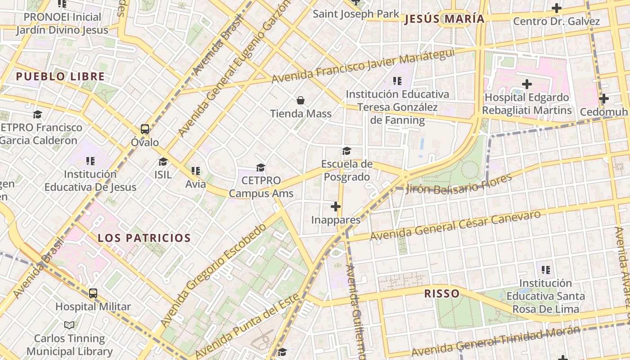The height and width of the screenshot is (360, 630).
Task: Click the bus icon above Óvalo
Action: click(x=145, y=129)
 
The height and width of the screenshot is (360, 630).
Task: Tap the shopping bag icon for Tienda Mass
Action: click(x=301, y=100)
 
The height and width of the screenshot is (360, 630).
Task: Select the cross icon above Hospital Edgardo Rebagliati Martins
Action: click(x=527, y=84)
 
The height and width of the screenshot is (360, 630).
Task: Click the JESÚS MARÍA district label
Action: click(x=444, y=19)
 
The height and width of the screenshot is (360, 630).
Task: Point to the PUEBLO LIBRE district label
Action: click(x=60, y=76)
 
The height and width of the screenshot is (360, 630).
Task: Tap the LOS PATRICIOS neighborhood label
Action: click(x=144, y=238)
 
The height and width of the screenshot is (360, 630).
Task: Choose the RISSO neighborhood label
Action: click(x=442, y=294)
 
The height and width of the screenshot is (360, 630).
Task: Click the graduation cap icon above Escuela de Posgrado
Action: click(x=346, y=151)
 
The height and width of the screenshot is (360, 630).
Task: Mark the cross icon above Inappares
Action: click(x=336, y=207)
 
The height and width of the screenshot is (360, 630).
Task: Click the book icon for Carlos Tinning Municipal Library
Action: click(x=69, y=325)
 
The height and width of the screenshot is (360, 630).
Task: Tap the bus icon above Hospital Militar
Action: click(x=93, y=293)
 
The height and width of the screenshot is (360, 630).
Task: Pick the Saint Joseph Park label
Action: click(x=356, y=14)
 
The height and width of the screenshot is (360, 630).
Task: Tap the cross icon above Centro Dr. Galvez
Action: click(x=557, y=8)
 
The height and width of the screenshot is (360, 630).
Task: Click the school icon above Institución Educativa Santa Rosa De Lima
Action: click(x=546, y=270)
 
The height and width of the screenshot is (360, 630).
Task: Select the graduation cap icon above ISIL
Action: click(x=163, y=162)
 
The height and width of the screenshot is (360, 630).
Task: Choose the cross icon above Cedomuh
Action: click(x=604, y=99)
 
